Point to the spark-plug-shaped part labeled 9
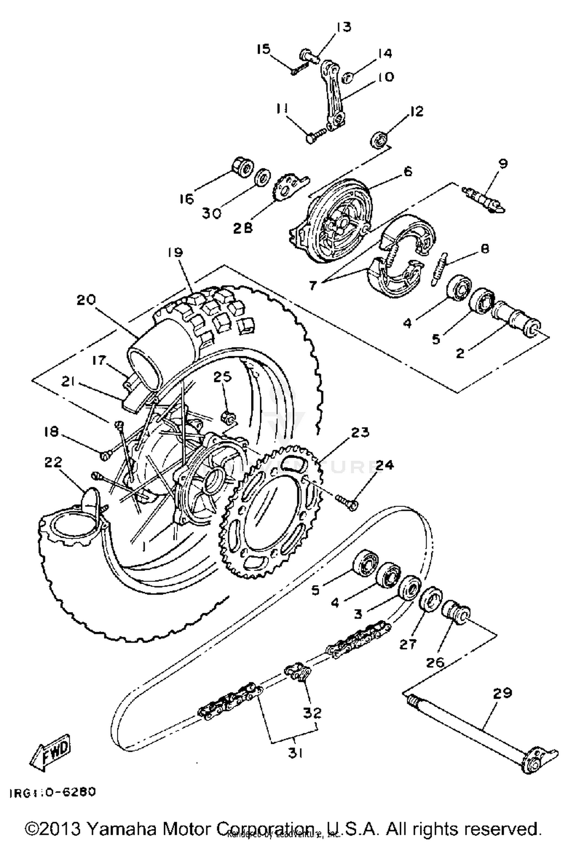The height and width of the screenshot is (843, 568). coord(485,199)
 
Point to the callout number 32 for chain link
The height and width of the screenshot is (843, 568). coord(312,713)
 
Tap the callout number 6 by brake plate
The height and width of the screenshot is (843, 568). coord(407,171)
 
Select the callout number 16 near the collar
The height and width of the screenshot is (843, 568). coord(186,199)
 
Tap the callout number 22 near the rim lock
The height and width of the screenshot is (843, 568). coord(53,462)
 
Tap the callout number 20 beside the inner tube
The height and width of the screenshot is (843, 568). coord(86,300)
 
